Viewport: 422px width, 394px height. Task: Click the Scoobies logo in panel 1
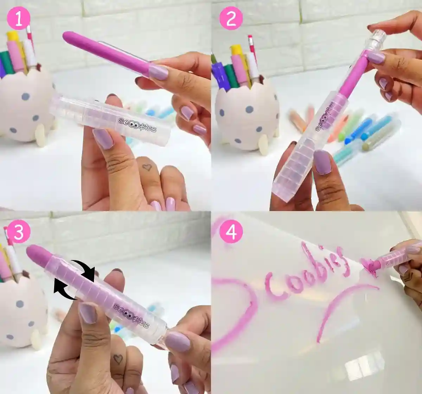[x=137, y=125]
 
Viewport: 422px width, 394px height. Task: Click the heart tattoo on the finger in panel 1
[x=147, y=167]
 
